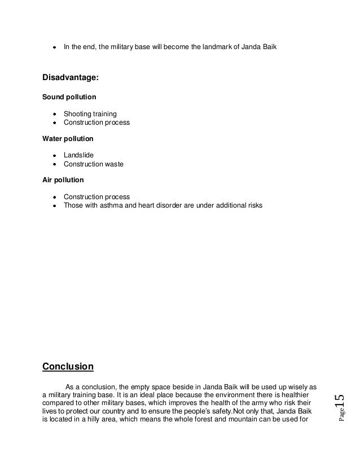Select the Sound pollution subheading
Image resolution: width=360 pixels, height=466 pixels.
[x=69, y=97]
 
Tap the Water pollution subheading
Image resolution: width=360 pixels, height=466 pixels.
[x=68, y=138]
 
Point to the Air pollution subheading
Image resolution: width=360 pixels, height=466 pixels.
[x=63, y=180]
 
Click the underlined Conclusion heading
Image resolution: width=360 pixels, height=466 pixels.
[x=68, y=367]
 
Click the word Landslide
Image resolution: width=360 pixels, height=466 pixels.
[x=78, y=155]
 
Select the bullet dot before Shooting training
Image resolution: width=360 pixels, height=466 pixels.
[x=55, y=114]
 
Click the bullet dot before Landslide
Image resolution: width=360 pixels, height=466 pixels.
[x=55, y=155]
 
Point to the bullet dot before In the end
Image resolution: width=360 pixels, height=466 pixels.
[x=55, y=46]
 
